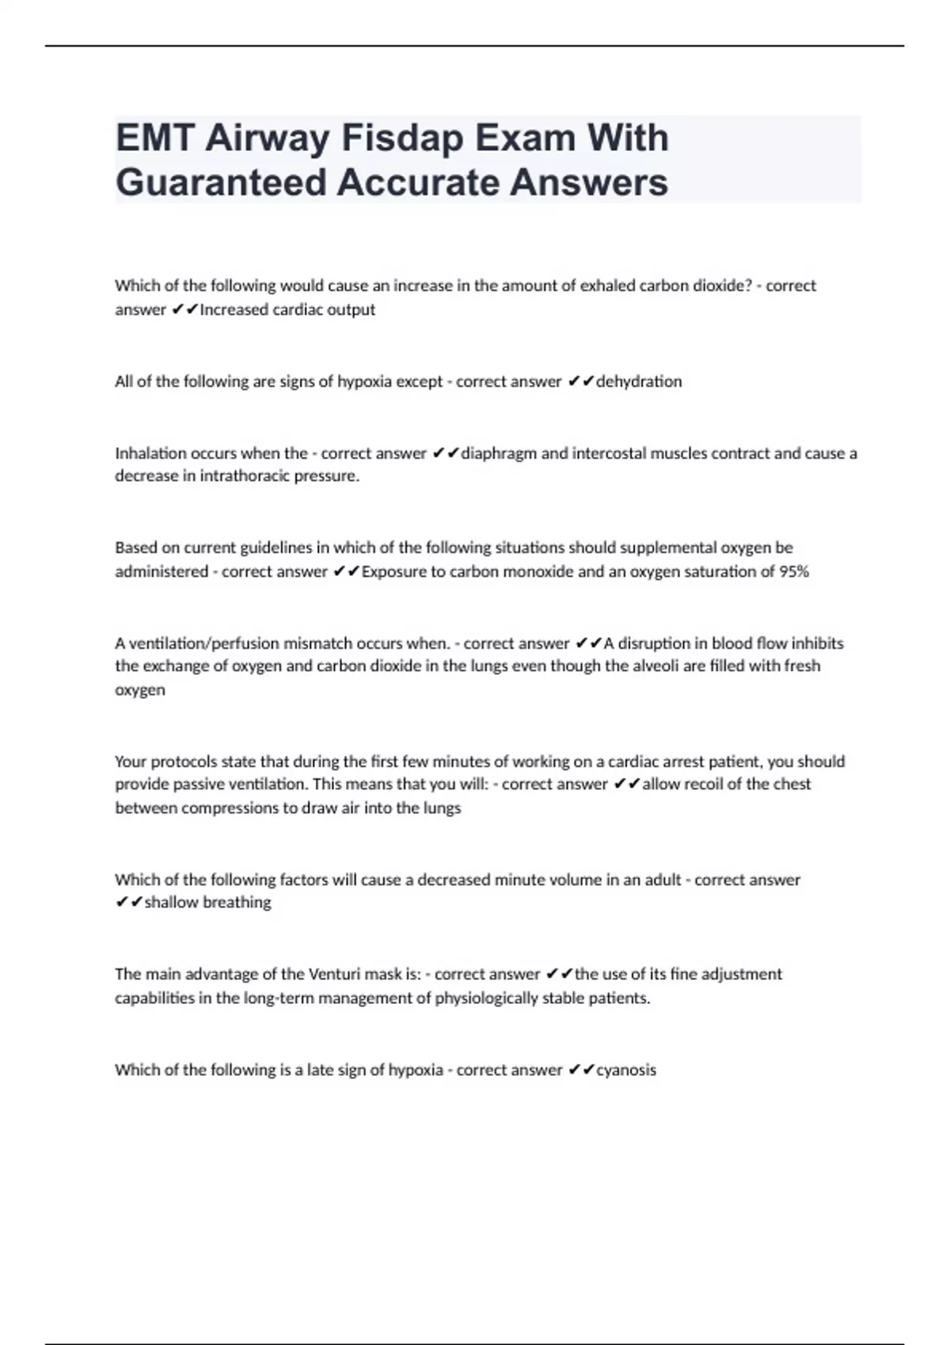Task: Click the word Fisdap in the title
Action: [x=403, y=138]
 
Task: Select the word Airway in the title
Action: [x=268, y=138]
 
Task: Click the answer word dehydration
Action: [x=639, y=381]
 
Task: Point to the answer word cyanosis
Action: [x=626, y=1070]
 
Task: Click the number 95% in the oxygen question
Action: [x=794, y=571]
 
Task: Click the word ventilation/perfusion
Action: [x=203, y=643]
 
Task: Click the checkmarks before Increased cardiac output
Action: [x=185, y=309]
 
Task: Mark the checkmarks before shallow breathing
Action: [x=129, y=902]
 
